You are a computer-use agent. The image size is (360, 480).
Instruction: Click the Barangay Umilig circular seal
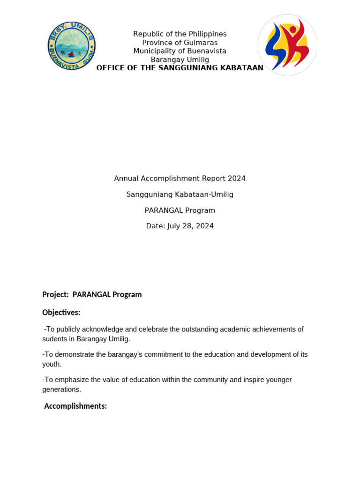[x=71, y=47]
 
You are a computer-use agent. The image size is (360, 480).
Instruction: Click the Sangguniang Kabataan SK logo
[x=287, y=45]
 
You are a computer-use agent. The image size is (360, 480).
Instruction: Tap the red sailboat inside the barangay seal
[x=71, y=54]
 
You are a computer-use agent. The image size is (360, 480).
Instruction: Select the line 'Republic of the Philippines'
[x=180, y=34]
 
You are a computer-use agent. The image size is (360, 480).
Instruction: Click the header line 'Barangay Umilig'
[x=180, y=60]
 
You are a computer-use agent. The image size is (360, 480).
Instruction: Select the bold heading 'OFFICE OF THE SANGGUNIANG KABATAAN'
[x=180, y=68]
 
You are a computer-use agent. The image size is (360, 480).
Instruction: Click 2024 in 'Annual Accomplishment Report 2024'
[x=237, y=179]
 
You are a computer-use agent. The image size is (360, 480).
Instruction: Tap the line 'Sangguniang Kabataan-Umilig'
[x=180, y=195]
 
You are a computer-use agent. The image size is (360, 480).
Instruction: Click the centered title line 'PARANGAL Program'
[x=180, y=210]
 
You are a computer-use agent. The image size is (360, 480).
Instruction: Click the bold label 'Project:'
[x=55, y=295]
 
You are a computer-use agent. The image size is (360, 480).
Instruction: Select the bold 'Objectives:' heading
[x=61, y=313]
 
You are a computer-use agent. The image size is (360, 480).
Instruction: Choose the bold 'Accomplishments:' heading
[x=75, y=406]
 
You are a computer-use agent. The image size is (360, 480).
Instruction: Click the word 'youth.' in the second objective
[x=52, y=364]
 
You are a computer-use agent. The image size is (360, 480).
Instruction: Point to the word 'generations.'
[x=61, y=390]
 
